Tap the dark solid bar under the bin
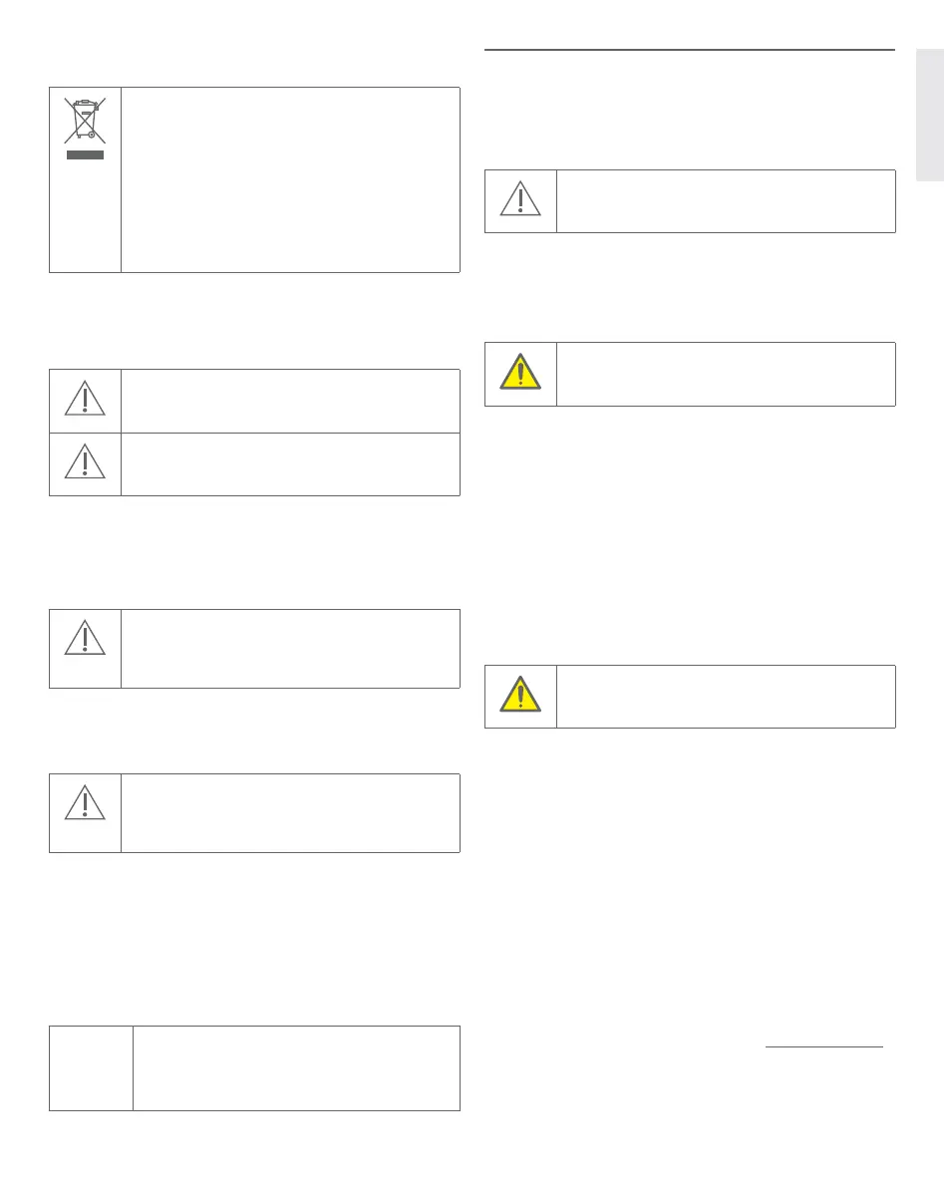(85, 155)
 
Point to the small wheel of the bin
(92, 135)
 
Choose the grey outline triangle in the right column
(520, 199)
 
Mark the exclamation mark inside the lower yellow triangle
(520, 694)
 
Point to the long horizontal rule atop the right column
(689, 49)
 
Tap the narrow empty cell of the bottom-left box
(91, 1067)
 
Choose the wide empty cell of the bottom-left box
(296, 1067)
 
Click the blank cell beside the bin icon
(290, 179)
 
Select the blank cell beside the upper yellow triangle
(726, 374)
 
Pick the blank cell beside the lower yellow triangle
(726, 696)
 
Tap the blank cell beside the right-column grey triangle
(726, 201)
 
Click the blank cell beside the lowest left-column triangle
(290, 812)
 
